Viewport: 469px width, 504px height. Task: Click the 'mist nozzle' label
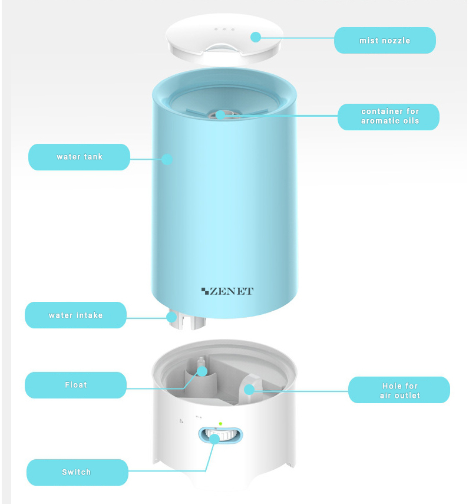[385, 40]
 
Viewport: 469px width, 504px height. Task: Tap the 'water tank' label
[79, 157]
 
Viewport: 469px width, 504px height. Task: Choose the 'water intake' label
[75, 315]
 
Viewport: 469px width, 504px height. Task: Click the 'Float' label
[75, 385]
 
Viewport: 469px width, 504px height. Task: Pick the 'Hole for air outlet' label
[399, 390]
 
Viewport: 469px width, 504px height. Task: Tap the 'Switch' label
[77, 472]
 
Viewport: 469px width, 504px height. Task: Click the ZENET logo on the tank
[227, 291]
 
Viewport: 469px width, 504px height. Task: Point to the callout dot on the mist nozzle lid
[256, 37]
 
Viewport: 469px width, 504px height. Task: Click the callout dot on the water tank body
[167, 159]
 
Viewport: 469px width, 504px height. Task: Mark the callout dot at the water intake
[171, 318]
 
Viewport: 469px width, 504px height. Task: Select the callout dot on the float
[202, 371]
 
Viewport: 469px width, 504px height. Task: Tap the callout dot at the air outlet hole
[249, 390]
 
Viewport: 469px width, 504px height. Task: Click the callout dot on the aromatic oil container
[220, 115]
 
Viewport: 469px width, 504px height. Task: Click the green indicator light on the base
[220, 424]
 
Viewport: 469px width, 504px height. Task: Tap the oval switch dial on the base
[220, 435]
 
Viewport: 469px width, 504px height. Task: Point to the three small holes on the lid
[224, 29]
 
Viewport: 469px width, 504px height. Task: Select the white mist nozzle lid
[224, 38]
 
